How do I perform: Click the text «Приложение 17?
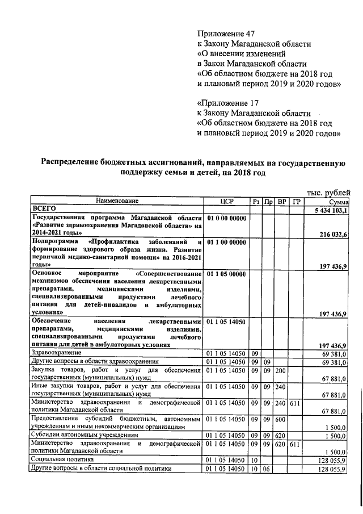click(227, 103)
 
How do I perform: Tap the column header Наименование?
click(116, 201)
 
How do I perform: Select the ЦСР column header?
click(226, 201)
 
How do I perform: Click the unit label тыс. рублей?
click(328, 192)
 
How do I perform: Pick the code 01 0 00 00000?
click(226, 218)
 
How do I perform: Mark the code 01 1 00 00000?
click(226, 243)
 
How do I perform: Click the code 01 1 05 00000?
click(226, 274)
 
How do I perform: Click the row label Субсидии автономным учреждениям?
click(83, 436)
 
